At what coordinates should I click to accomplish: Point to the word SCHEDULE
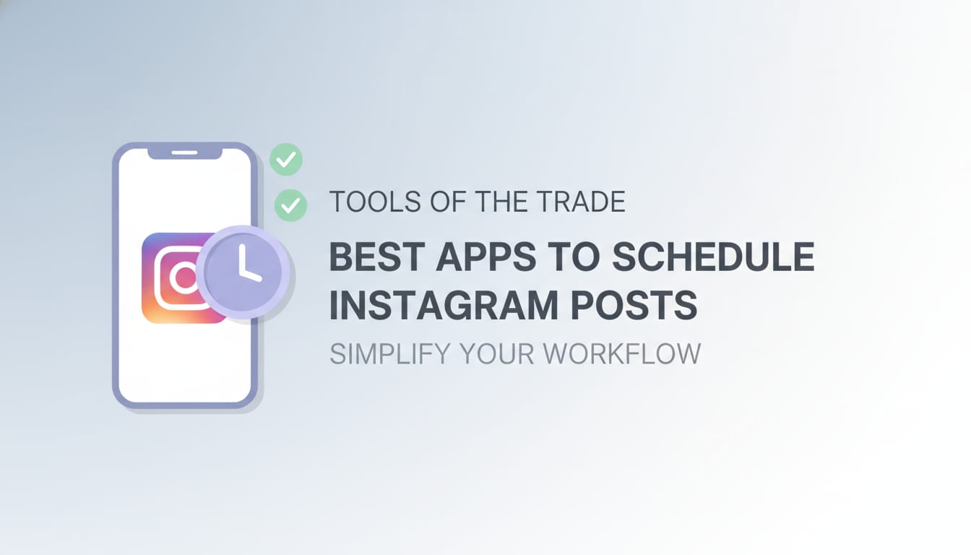[x=713, y=258]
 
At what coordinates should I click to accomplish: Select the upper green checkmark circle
[x=286, y=160]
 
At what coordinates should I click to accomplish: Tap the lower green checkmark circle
[x=290, y=206]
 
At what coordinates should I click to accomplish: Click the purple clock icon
[x=243, y=272]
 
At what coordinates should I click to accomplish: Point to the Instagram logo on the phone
[x=173, y=277]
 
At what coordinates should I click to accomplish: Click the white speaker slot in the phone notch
[x=184, y=152]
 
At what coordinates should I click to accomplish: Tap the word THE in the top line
[x=499, y=202]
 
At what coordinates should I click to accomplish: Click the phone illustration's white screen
[x=184, y=354]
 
